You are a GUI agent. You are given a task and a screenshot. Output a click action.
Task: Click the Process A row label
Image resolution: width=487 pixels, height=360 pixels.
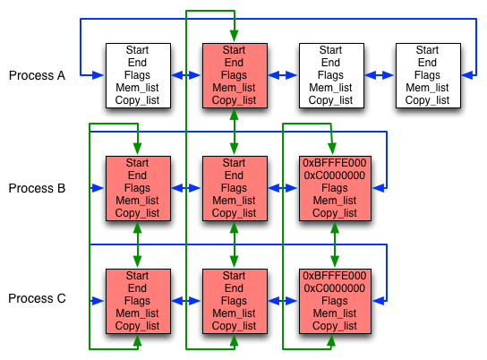click(37, 75)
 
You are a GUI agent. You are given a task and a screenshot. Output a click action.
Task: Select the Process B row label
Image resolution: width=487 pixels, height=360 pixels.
click(37, 188)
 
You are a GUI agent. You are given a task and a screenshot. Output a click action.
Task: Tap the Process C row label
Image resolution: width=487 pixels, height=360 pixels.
click(37, 299)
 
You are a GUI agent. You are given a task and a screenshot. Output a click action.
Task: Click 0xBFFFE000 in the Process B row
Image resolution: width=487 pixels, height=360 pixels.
click(335, 163)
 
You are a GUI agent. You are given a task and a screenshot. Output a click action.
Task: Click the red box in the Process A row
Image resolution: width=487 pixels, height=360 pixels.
click(234, 75)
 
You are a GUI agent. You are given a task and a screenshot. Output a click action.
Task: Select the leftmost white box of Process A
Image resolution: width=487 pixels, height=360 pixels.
click(137, 75)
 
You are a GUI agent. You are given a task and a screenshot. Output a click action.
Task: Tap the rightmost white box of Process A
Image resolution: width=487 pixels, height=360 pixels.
click(427, 75)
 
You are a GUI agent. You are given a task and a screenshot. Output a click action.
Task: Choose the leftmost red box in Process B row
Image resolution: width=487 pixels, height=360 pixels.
click(137, 188)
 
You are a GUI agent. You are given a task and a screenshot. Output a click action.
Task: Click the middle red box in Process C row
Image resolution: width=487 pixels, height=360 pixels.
click(234, 300)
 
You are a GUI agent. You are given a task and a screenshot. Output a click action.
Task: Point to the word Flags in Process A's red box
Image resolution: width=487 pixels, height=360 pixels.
click(234, 75)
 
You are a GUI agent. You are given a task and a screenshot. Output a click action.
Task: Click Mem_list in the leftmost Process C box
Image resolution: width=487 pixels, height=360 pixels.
click(137, 313)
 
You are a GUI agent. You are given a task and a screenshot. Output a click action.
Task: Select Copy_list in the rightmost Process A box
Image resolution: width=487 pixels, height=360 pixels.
click(427, 100)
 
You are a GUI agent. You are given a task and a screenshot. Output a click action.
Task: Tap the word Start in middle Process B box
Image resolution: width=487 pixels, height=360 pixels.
click(234, 163)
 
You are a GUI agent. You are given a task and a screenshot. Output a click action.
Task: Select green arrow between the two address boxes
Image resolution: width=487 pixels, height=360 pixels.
click(335, 243)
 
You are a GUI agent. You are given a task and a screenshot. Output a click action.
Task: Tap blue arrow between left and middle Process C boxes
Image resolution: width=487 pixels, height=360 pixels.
click(185, 301)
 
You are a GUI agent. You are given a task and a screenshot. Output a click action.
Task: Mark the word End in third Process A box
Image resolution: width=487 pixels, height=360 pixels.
click(330, 63)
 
